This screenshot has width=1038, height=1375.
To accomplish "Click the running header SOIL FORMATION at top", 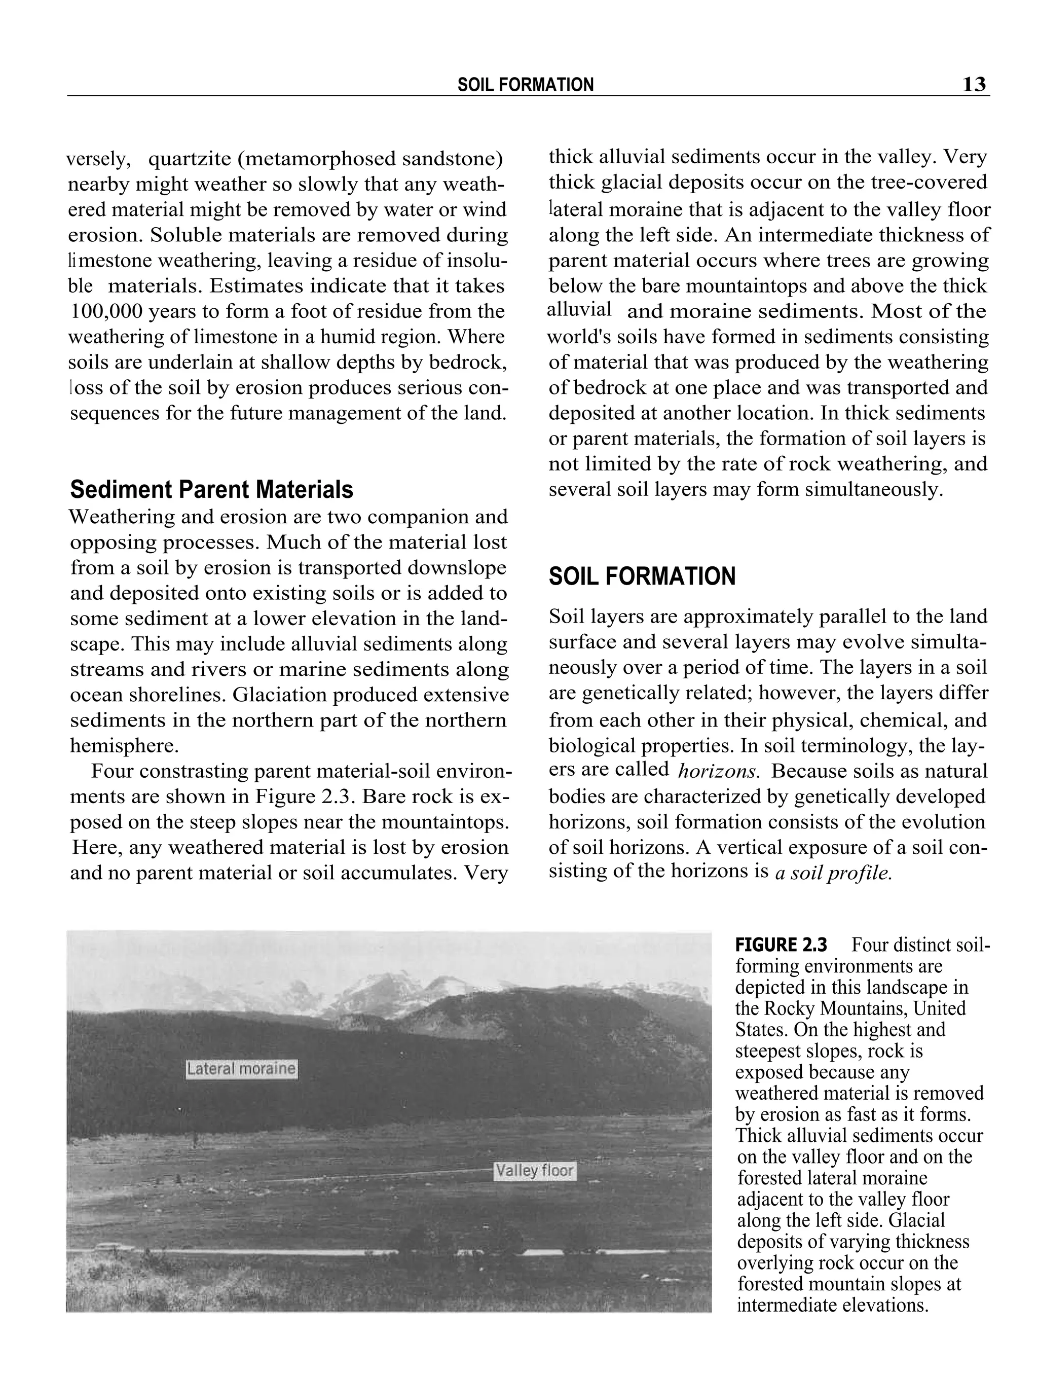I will (x=525, y=85).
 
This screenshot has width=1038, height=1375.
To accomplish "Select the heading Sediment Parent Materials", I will (x=211, y=490).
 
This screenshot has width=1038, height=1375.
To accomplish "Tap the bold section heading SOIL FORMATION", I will (x=642, y=576).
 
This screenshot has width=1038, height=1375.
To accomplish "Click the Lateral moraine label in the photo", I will (x=241, y=1069).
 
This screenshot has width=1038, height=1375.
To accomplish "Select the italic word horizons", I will (x=718, y=772).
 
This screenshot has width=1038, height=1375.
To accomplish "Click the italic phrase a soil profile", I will (x=833, y=874).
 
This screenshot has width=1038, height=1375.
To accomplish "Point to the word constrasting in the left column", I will (x=181, y=772).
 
